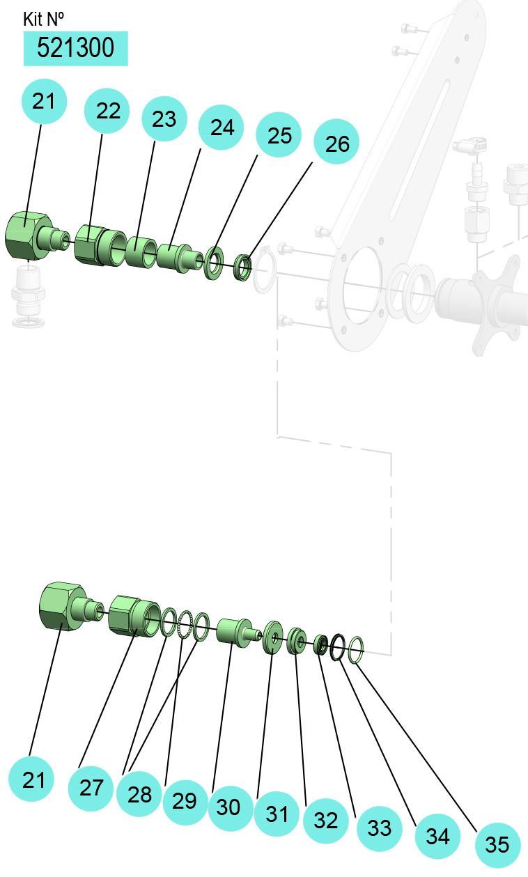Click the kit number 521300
75,48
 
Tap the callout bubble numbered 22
107,110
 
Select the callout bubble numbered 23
164,118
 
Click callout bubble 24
222,127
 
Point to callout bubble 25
279,135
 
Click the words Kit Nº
43,20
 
